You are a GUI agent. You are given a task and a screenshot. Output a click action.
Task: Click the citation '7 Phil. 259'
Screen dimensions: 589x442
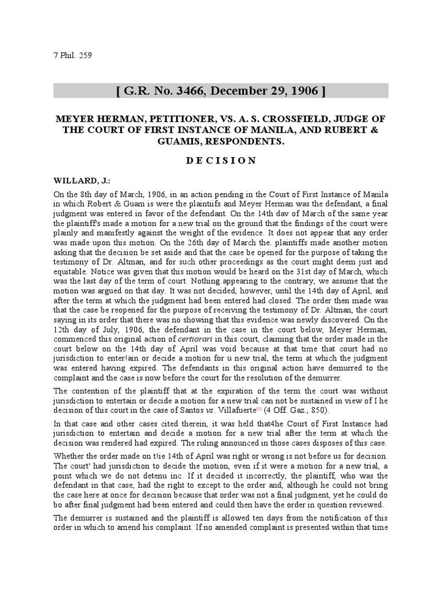point(73,56)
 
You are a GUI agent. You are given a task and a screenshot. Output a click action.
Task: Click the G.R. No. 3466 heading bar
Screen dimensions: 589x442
point(221,90)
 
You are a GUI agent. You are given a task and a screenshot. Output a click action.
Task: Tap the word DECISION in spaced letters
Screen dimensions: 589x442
point(221,160)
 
